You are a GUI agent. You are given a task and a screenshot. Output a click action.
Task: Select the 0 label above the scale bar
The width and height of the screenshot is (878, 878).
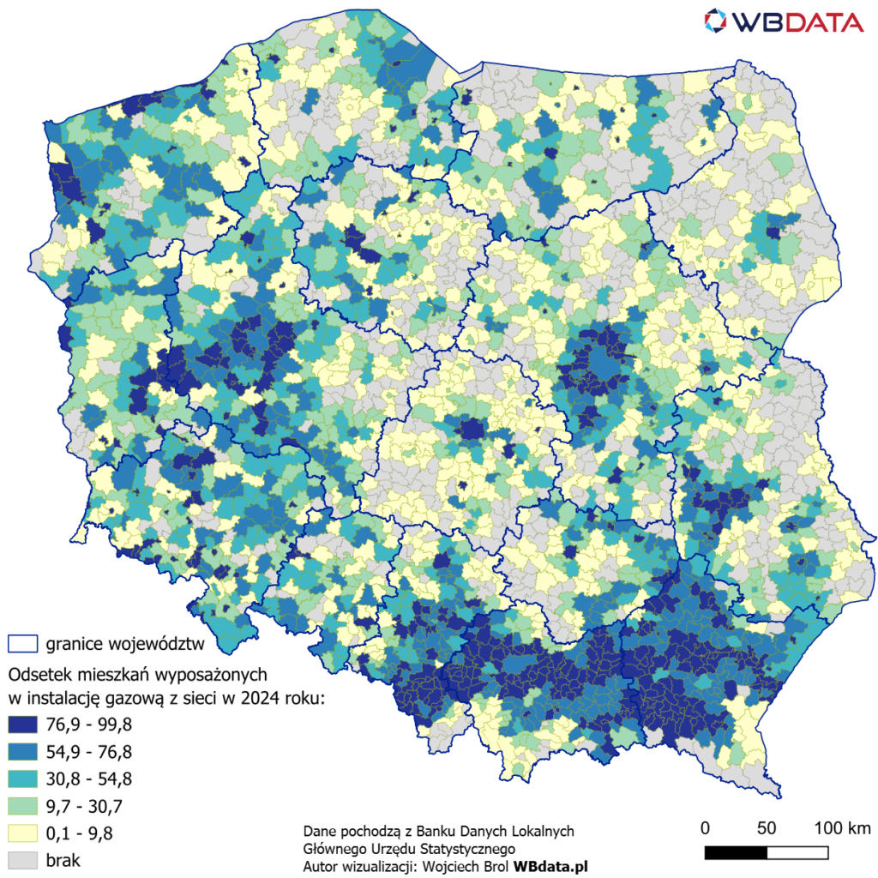coord(705,828)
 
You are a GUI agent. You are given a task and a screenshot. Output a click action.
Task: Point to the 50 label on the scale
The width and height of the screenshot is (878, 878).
coord(767,828)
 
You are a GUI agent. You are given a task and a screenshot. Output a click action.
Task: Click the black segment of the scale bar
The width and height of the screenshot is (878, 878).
coord(736,852)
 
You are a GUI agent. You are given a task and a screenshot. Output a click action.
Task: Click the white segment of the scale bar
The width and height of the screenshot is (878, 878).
coord(797,852)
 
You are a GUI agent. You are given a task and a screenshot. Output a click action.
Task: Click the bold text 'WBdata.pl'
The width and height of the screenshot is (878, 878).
coord(550,866)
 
